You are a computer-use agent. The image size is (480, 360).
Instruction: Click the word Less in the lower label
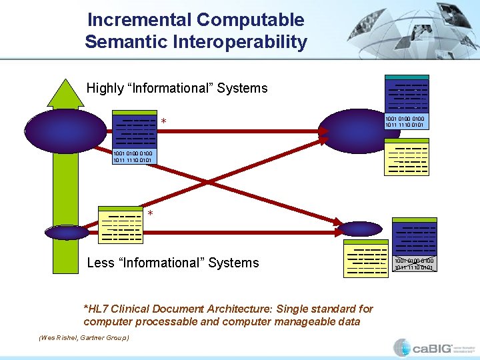click(x=101, y=263)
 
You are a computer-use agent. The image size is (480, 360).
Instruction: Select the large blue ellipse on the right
click(x=351, y=124)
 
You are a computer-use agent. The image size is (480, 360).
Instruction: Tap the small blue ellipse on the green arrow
click(x=67, y=232)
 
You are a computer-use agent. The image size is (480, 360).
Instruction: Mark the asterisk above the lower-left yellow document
click(x=151, y=214)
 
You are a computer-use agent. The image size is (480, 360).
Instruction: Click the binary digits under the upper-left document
click(x=133, y=157)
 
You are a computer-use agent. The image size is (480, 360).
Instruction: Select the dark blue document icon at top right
click(x=407, y=94)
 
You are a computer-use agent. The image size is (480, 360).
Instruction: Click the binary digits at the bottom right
click(x=414, y=264)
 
